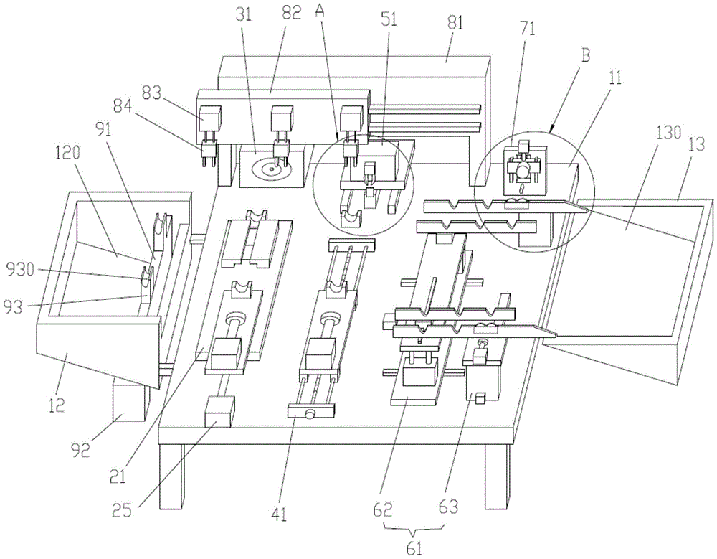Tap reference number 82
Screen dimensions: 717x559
coord(291,14)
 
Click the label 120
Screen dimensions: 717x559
coord(67,153)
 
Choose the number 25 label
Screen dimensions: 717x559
coord(121,509)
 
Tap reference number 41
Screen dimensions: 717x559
coord(278,515)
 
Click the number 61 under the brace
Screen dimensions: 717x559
coord(414,548)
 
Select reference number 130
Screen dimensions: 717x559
coord(668,134)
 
